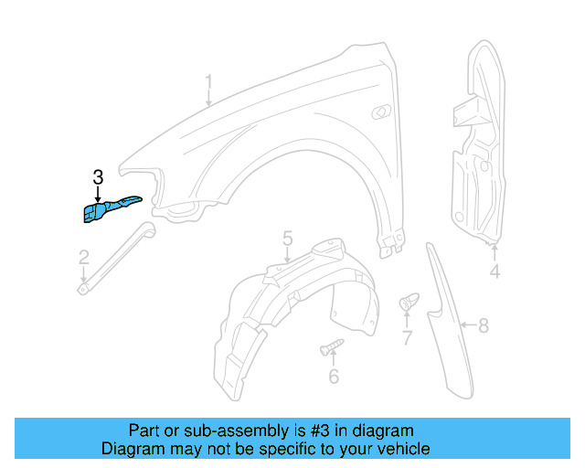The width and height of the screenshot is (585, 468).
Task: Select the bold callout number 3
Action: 98,177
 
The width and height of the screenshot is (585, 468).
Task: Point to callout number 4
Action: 495,271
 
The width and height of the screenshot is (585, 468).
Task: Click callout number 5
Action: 287,239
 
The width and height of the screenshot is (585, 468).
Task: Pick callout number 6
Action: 334,376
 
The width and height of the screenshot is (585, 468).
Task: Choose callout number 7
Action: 407,337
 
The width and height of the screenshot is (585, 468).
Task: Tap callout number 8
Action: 484,324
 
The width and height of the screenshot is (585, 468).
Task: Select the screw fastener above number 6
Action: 332,346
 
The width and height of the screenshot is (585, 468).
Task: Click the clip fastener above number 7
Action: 408,301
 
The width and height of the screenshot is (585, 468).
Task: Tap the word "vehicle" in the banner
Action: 403,449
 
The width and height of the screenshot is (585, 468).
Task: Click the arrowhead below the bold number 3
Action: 98,197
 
